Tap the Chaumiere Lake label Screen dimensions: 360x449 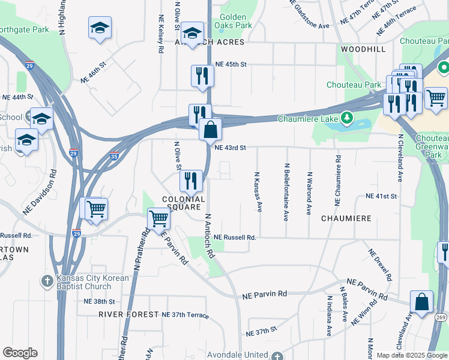click(307, 118)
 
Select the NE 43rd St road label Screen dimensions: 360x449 click(231, 148)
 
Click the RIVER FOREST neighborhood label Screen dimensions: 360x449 click(127, 314)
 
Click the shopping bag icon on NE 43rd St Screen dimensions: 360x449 click(211, 130)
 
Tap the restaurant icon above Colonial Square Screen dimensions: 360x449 click(190, 179)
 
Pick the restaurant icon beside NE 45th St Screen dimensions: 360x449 click(202, 76)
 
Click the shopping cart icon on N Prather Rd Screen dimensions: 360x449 click(159, 218)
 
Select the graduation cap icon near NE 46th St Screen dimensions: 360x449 click(100, 28)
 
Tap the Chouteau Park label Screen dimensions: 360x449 click(354, 85)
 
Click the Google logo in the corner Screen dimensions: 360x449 click(20, 353)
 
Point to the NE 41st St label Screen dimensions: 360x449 click(382, 196)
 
